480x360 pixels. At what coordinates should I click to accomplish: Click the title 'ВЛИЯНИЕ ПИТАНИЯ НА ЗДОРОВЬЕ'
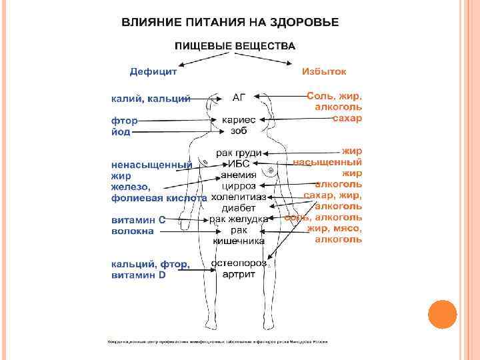tap(230, 22)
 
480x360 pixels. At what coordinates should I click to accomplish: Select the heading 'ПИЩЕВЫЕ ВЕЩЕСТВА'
tap(235, 46)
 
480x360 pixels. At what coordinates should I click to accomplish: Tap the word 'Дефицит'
tap(153, 71)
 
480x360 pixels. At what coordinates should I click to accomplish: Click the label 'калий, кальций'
tap(151, 99)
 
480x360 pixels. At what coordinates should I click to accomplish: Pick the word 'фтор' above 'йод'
tap(124, 121)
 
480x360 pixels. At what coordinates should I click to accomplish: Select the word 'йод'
tap(121, 131)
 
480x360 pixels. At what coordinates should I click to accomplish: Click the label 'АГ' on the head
tap(239, 97)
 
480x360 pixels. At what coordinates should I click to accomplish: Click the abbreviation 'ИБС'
tap(239, 164)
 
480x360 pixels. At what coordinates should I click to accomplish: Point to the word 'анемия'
tap(239, 175)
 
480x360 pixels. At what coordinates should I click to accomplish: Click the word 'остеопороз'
tap(238, 263)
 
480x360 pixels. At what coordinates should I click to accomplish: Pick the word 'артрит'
tap(238, 274)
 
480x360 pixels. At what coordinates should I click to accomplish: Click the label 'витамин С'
tap(138, 219)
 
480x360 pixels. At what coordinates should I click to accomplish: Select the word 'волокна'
tap(132, 231)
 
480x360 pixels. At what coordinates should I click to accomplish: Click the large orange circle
tap(441, 315)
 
